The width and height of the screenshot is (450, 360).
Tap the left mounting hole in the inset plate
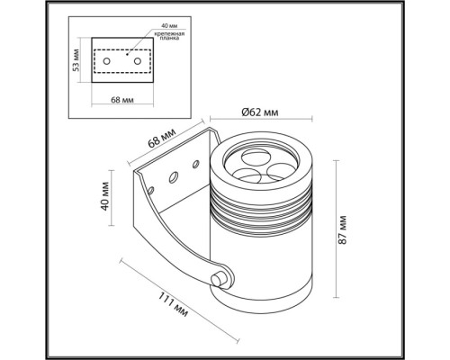pyautogui.click(x=109, y=60)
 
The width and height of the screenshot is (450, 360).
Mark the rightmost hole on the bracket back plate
pyautogui.click(x=195, y=164)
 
